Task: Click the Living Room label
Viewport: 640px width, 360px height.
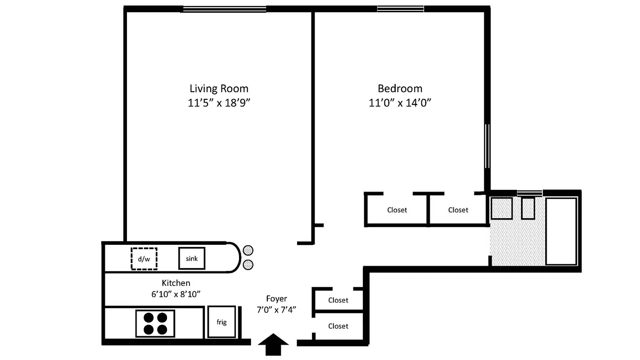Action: pyautogui.click(x=219, y=88)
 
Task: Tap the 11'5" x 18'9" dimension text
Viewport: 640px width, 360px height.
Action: pyautogui.click(x=219, y=103)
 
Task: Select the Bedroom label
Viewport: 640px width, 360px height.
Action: pyautogui.click(x=400, y=88)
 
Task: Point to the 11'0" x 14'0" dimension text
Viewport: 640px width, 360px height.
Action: pyautogui.click(x=400, y=103)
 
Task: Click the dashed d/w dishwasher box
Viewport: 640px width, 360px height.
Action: pyautogui.click(x=144, y=258)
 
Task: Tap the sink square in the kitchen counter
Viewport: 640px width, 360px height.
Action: pyautogui.click(x=192, y=258)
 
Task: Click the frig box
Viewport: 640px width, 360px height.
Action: pyautogui.click(x=221, y=322)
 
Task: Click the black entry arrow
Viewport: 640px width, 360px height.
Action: pyautogui.click(x=273, y=345)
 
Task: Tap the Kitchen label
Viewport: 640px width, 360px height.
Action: pyautogui.click(x=176, y=283)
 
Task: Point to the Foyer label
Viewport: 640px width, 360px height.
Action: pyautogui.click(x=276, y=299)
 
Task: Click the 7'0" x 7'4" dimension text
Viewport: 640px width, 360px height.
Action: pyautogui.click(x=276, y=310)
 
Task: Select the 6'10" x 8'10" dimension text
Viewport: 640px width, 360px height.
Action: pyautogui.click(x=176, y=294)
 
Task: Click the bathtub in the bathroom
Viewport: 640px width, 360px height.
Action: pyautogui.click(x=561, y=231)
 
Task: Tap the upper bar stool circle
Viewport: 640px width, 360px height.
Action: pyautogui.click(x=248, y=250)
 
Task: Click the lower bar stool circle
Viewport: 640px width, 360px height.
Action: pyautogui.click(x=248, y=265)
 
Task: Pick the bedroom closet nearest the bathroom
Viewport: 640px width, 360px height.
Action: pyautogui.click(x=458, y=210)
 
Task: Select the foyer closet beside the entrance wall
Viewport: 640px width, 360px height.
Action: pyautogui.click(x=338, y=326)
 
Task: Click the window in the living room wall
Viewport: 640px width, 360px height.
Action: pyautogui.click(x=224, y=9)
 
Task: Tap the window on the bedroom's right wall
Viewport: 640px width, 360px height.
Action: pyautogui.click(x=487, y=146)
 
